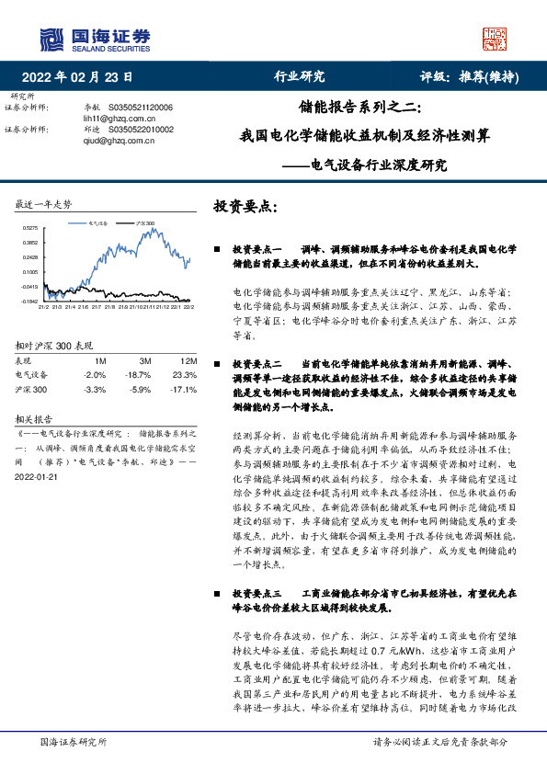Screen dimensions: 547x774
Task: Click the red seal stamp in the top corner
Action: (495, 38)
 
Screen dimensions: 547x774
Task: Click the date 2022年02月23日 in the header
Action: (83, 76)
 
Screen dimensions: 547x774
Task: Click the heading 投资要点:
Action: (245, 206)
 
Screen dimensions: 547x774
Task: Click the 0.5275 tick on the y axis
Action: (30, 227)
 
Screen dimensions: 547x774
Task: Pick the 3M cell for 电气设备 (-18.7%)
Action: (138, 375)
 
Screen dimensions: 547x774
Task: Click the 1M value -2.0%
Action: (94, 375)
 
